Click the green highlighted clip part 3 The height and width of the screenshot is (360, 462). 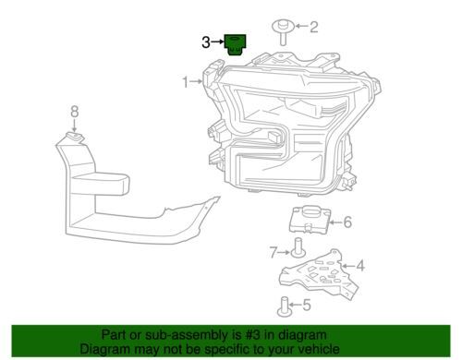pos(235,45)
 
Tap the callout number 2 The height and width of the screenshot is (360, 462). pos(313,27)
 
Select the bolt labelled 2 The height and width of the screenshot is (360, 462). pos(283,32)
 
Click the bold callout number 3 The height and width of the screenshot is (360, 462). pos(206,42)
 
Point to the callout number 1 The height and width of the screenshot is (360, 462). pos(186,82)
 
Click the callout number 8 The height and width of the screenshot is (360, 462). pos(75,112)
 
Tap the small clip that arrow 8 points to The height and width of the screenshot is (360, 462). pos(75,138)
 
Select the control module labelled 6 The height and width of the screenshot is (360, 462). pos(310,219)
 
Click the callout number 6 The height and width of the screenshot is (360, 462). pos(347,222)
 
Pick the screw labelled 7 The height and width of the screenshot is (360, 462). pos(298,247)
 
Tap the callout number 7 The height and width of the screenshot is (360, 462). pos(274,253)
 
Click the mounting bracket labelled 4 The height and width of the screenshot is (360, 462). pos(319,274)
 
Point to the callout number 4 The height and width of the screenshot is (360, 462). pos(360,266)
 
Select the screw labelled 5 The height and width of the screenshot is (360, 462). pos(285,306)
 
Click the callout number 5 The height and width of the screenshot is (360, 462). pos(307,305)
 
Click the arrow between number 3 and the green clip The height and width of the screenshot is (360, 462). pos(218,42)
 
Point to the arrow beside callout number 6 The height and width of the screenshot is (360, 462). pos(335,222)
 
